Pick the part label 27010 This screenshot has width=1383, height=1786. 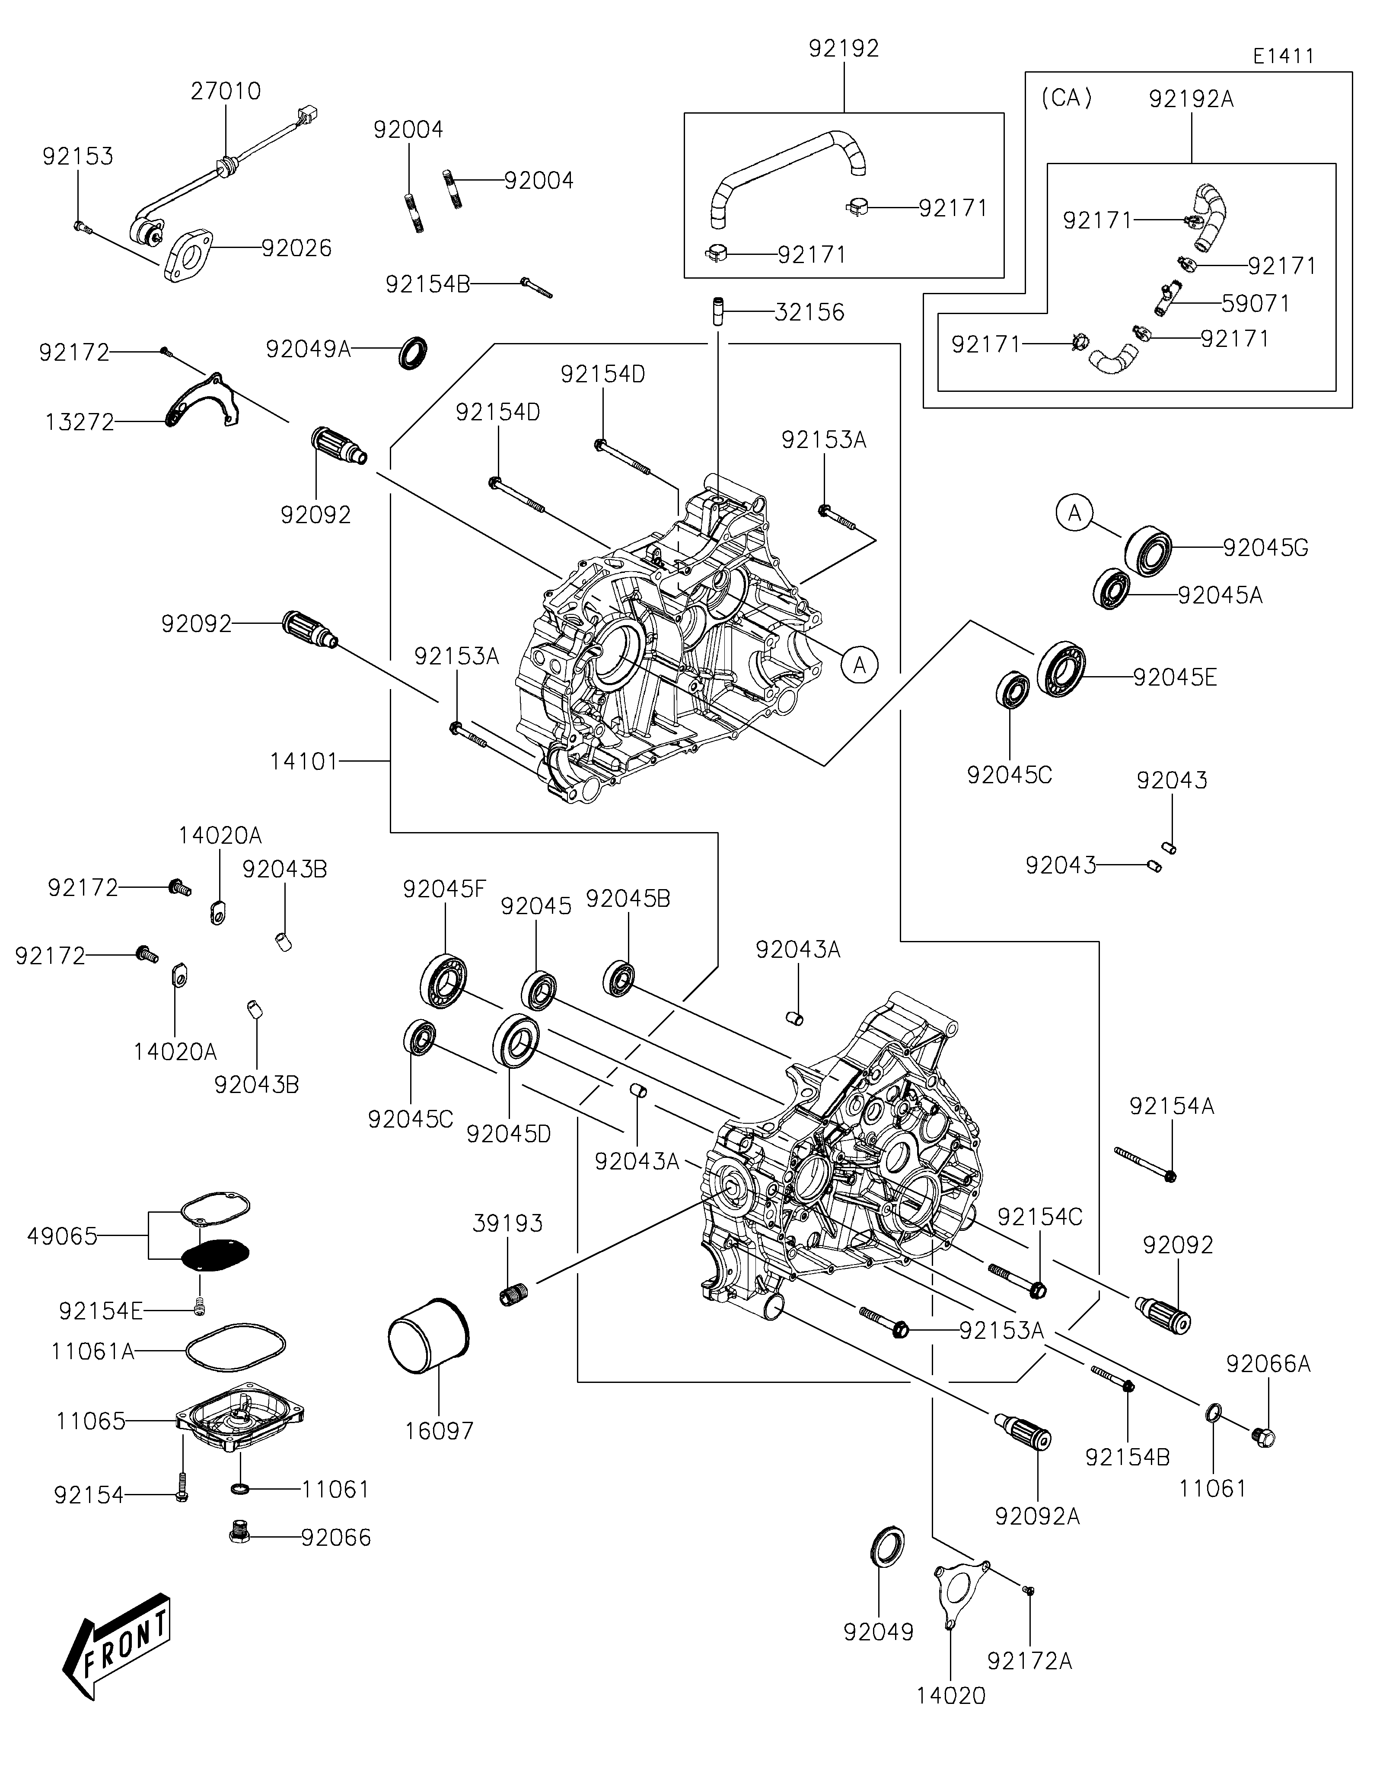pyautogui.click(x=226, y=91)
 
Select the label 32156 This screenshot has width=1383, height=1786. pyautogui.click(x=809, y=312)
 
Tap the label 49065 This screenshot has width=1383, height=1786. pyautogui.click(x=62, y=1236)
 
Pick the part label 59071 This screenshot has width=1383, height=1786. pyautogui.click(x=1256, y=303)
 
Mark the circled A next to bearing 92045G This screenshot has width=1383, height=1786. pyautogui.click(x=1075, y=513)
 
